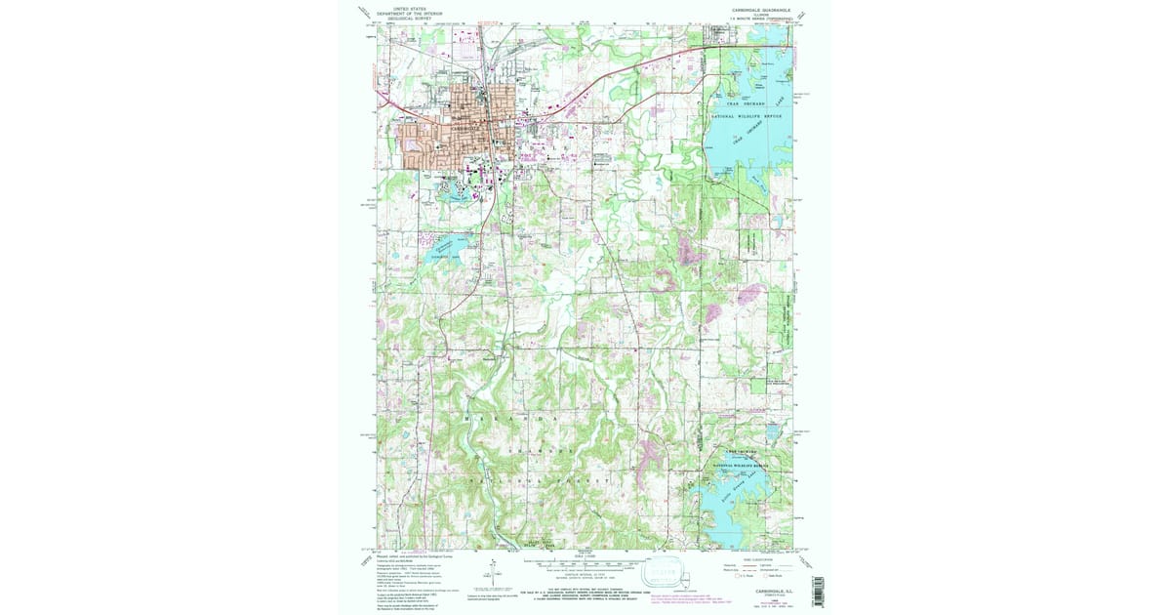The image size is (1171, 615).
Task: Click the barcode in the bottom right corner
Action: [818, 591]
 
